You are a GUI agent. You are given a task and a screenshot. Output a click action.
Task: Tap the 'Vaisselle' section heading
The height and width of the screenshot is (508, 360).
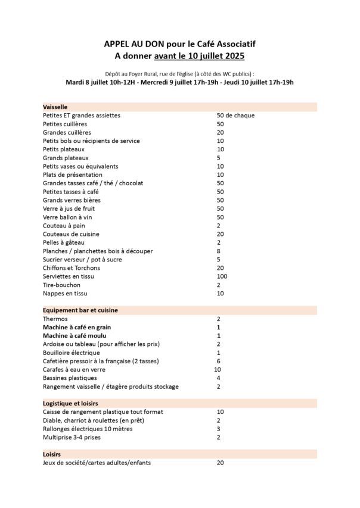click(x=55, y=107)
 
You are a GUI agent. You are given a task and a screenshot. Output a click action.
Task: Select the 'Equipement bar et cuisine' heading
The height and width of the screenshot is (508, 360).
click(x=80, y=310)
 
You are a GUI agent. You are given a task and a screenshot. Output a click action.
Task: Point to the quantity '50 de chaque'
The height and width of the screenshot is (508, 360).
click(x=235, y=116)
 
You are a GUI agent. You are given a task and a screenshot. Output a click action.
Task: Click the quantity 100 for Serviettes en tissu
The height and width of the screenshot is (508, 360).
click(x=222, y=276)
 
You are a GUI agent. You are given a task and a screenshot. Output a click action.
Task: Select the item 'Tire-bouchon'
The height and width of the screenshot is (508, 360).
click(x=61, y=285)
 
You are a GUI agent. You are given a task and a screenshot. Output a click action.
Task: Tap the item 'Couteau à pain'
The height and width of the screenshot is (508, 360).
click(x=64, y=226)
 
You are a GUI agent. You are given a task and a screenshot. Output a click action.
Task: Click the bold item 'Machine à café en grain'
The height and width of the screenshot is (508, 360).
click(x=77, y=327)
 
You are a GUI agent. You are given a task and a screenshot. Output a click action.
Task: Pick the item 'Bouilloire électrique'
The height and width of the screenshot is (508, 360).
click(x=72, y=353)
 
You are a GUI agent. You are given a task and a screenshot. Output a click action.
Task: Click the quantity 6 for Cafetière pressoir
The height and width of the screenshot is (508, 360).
click(x=219, y=361)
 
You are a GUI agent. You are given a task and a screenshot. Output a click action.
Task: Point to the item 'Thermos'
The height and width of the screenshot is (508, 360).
click(x=55, y=319)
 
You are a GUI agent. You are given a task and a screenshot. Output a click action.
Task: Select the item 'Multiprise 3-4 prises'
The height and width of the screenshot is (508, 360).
click(x=72, y=437)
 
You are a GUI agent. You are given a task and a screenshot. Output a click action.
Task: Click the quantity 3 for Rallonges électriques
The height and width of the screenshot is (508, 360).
click(x=219, y=429)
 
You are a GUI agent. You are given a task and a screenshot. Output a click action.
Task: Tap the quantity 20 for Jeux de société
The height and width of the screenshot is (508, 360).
click(x=221, y=463)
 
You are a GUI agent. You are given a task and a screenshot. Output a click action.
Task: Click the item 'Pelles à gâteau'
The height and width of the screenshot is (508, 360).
click(x=64, y=242)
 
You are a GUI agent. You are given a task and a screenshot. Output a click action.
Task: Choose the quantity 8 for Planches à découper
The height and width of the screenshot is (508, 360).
click(x=219, y=251)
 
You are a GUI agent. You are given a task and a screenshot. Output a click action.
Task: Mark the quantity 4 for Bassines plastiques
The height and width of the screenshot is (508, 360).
click(x=219, y=378)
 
